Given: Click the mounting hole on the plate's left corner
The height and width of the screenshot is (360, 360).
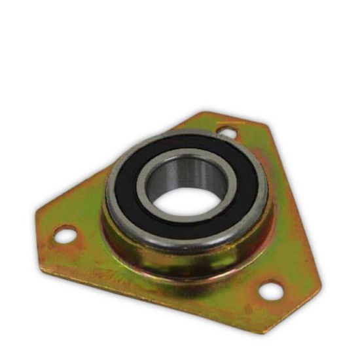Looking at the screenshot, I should (x=64, y=234).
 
